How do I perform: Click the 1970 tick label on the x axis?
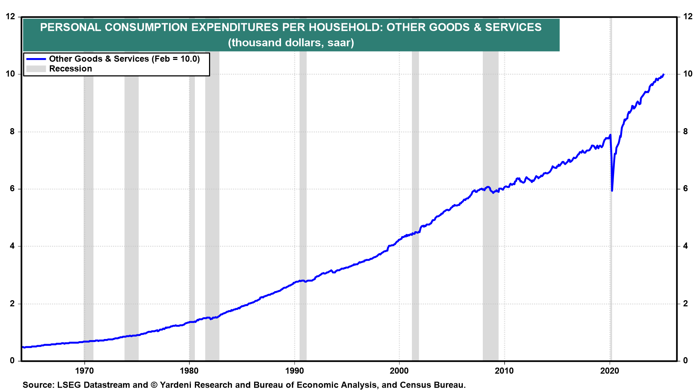pyautogui.click(x=84, y=371)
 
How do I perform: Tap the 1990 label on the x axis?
pyautogui.click(x=294, y=371)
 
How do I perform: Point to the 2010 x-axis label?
pyautogui.click(x=504, y=371)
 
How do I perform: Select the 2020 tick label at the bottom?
pyautogui.click(x=610, y=371)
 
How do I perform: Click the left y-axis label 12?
pyautogui.click(x=11, y=17)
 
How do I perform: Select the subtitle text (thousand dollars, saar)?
pyautogui.click(x=291, y=42)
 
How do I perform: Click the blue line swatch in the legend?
pyautogui.click(x=36, y=59)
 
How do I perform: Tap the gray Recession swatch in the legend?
pyautogui.click(x=36, y=69)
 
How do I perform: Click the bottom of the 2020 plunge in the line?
pyautogui.click(x=612, y=191)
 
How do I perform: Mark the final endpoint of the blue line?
pyautogui.click(x=663, y=74)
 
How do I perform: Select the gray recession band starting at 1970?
pyautogui.click(x=88, y=218)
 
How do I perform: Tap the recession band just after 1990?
pyautogui.click(x=303, y=218)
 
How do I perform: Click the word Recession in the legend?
pyautogui.click(x=71, y=69)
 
